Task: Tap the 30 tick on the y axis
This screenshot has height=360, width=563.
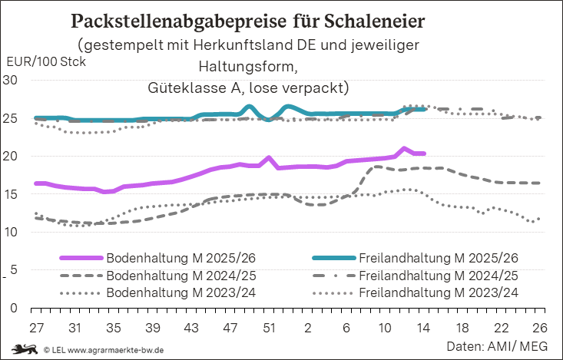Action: pyautogui.click(x=12, y=80)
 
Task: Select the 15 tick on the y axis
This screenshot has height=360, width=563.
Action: pyautogui.click(x=12, y=194)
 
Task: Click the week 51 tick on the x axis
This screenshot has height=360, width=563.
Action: pyautogui.click(x=269, y=327)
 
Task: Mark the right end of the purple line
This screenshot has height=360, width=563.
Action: pyautogui.click(x=425, y=154)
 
